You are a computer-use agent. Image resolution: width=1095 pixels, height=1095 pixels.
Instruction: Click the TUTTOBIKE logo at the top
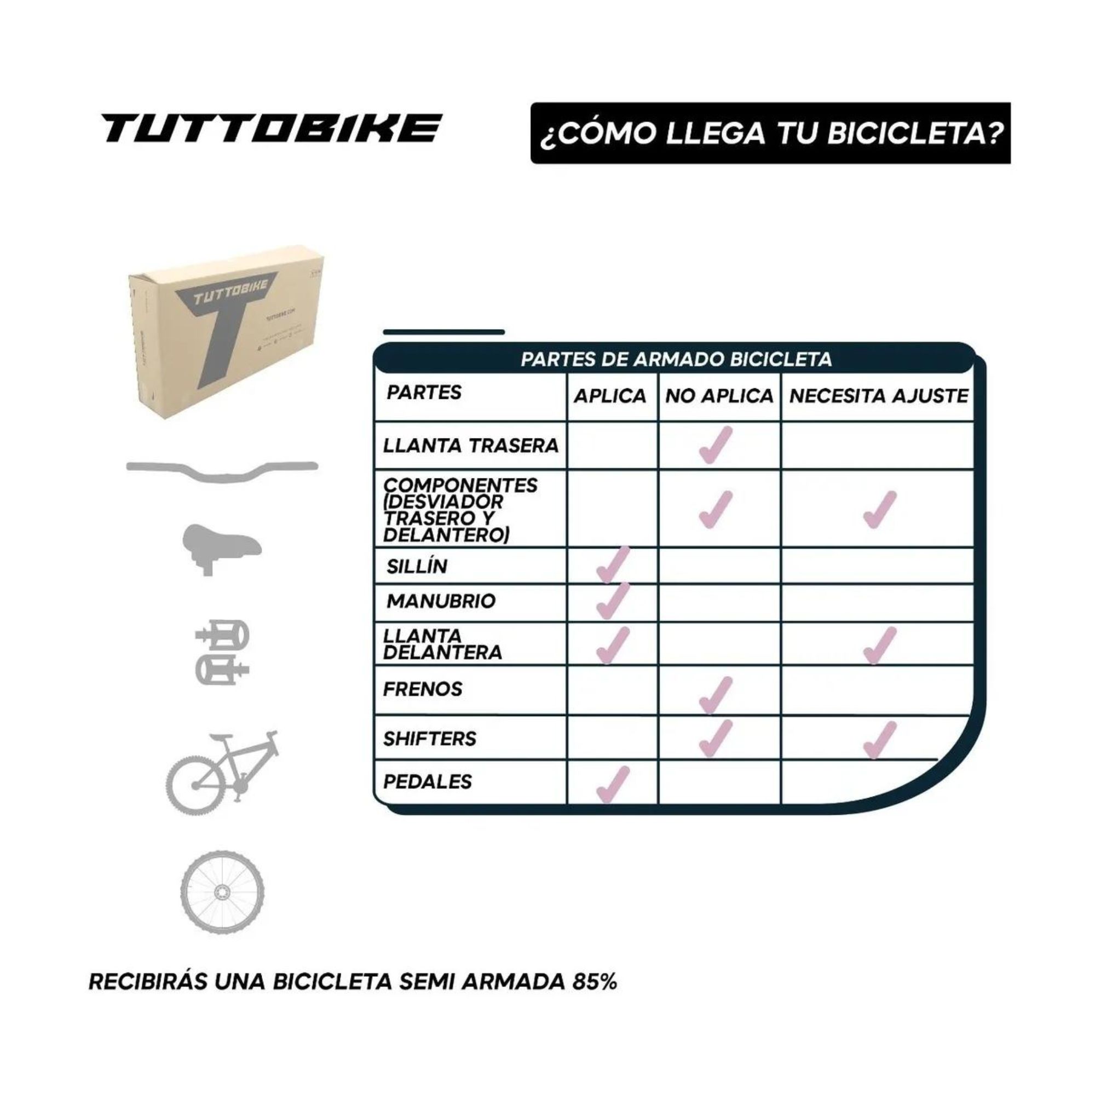(271, 128)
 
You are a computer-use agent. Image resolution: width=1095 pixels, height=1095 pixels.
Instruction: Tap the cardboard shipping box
(227, 332)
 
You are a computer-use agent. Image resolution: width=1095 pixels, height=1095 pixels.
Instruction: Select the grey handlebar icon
(222, 470)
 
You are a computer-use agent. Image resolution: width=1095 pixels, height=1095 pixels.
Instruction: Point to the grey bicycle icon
(223, 773)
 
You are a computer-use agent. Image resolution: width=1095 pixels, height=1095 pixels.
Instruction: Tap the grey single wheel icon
(222, 892)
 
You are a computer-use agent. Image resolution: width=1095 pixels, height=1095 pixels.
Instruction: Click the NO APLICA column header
(719, 396)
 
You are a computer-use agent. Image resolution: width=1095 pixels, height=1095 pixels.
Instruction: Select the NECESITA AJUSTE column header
(879, 396)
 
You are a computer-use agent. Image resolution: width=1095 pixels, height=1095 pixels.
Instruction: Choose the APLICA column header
(610, 396)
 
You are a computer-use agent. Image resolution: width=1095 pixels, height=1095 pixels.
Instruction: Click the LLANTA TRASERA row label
(470, 446)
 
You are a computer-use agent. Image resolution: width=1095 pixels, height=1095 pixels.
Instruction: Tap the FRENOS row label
(423, 689)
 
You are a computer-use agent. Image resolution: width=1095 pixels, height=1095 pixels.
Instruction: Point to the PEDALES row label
(428, 782)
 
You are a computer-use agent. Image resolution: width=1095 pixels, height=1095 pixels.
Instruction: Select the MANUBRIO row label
(441, 601)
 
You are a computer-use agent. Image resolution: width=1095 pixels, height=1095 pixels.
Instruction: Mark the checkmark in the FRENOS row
(715, 695)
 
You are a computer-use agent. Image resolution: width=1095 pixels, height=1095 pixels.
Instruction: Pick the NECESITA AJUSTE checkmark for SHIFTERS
(879, 740)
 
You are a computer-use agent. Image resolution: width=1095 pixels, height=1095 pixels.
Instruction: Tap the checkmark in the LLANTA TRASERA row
(715, 446)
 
